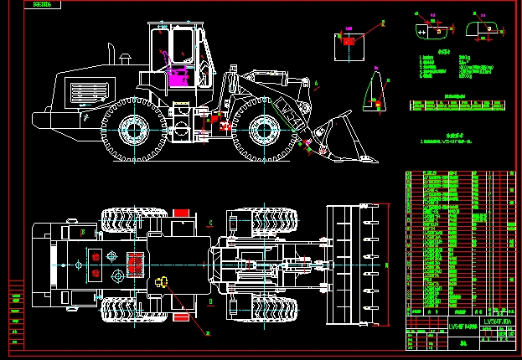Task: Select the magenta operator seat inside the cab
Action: pyautogui.click(x=178, y=78)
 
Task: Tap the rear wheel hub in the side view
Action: pyautogui.click(x=133, y=129)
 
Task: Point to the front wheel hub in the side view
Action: pyautogui.click(x=265, y=130)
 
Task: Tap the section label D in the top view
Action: pyautogui.click(x=210, y=300)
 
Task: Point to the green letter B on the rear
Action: pyautogui.click(x=81, y=231)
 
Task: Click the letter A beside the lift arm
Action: pyautogui.click(x=317, y=82)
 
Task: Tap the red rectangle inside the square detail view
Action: pyautogui.click(x=349, y=39)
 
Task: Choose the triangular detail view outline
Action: pyautogui.click(x=374, y=93)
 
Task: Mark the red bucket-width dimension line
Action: pyautogui.click(x=388, y=265)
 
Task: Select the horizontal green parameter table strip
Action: pyautogui.click(x=452, y=105)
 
